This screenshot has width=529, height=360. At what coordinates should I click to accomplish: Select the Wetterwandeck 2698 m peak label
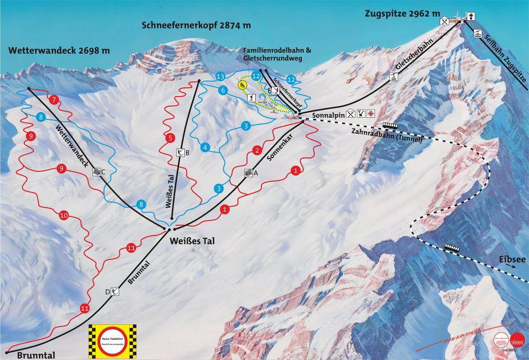(59, 50)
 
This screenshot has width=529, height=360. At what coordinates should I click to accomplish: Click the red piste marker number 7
(55, 99)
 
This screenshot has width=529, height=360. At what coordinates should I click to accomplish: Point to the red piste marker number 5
(169, 138)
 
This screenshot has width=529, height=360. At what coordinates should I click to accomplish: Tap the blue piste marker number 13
(221, 77)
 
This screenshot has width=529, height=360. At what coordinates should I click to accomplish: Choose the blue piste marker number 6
(223, 90)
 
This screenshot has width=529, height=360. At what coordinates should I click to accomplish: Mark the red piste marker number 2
(257, 150)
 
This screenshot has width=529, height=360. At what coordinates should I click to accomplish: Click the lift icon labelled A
(247, 174)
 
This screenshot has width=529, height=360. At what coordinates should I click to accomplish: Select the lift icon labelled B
(180, 152)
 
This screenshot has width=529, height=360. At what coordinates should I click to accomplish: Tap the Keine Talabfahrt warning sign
(112, 341)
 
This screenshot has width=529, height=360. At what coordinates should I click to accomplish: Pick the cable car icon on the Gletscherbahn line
(394, 77)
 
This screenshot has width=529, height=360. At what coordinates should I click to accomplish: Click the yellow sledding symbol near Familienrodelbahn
(241, 84)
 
